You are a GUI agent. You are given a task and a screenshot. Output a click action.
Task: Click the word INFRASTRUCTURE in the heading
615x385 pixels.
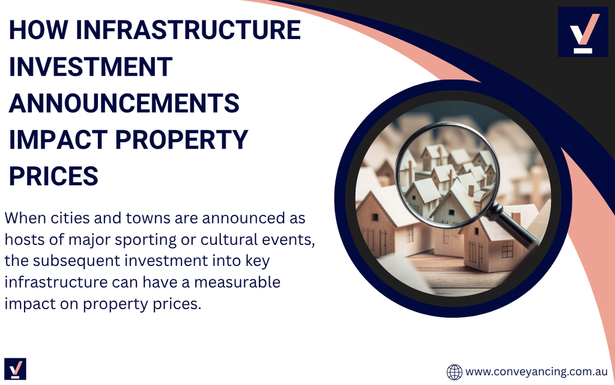tap(188, 30)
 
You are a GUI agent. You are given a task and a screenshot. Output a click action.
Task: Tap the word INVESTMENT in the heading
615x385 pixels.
tap(91, 66)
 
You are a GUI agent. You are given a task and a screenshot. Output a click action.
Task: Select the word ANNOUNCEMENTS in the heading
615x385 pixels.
tap(124, 103)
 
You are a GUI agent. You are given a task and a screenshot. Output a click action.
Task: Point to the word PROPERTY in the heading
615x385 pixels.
tap(181, 140)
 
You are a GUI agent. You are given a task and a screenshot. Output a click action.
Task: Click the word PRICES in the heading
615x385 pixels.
tap(53, 176)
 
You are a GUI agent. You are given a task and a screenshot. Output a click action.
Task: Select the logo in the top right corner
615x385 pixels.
tap(583, 32)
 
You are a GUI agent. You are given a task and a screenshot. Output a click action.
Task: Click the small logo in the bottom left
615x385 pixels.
tap(15, 369)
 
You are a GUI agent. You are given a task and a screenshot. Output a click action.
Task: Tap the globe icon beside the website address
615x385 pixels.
tap(455, 372)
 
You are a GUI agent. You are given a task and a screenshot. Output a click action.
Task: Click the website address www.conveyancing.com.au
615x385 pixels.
tap(536, 372)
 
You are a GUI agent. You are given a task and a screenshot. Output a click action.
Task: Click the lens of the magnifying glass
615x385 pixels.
tap(447, 175)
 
